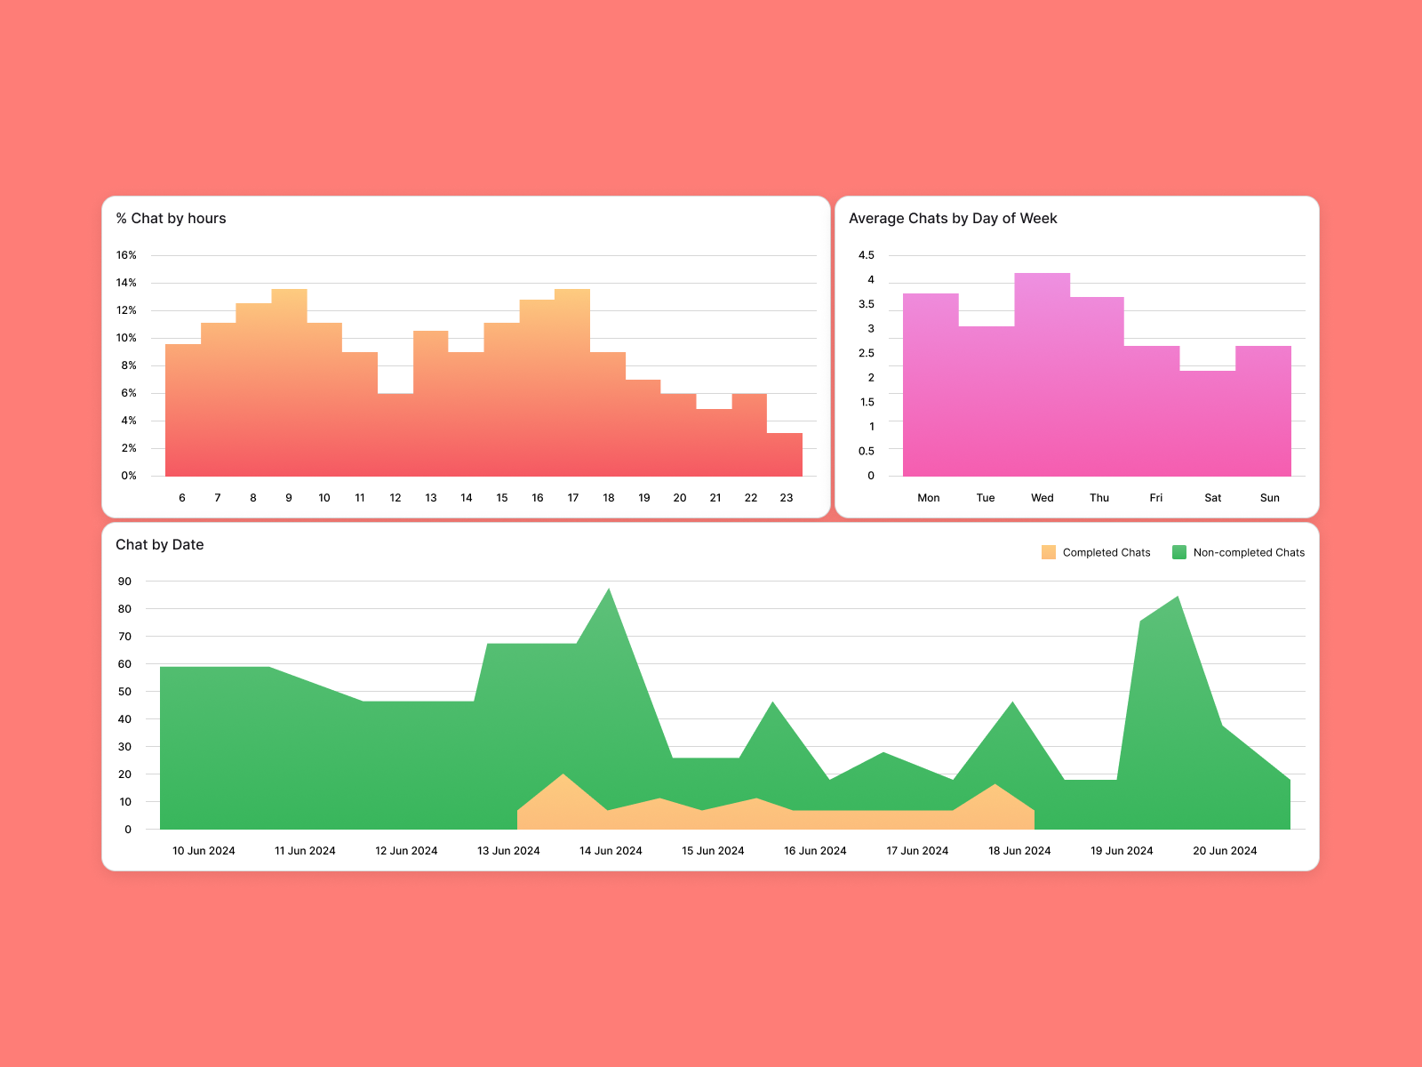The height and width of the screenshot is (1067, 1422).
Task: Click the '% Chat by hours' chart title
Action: (171, 219)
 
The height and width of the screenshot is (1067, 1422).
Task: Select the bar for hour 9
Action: (289, 382)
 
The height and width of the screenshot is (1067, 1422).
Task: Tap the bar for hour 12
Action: (395, 435)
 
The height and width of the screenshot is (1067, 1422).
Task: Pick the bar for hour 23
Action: (785, 454)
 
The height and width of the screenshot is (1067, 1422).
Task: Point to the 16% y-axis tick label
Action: (126, 255)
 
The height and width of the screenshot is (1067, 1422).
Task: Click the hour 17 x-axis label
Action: (573, 498)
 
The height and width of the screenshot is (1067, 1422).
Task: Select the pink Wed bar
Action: (1042, 374)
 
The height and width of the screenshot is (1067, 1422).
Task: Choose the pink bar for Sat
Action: (1207, 423)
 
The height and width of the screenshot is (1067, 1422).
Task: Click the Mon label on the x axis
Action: (929, 498)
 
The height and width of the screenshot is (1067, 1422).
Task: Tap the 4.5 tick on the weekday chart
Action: (866, 255)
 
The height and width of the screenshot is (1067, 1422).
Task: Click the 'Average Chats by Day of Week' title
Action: (953, 219)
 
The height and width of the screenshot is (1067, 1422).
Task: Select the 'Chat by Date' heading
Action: (160, 545)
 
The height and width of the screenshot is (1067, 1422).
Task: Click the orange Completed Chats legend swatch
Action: (1049, 552)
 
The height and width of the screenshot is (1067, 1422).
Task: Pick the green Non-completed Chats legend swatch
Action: (1179, 552)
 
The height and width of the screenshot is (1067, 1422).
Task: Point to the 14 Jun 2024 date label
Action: (611, 851)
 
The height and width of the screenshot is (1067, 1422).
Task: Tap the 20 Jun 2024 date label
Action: (1225, 851)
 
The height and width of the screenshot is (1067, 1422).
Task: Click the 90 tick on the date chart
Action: (124, 582)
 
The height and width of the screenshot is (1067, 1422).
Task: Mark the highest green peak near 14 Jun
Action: (609, 590)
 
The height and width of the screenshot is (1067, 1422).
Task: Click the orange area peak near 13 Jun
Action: (563, 776)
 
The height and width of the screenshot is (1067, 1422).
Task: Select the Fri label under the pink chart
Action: (1155, 498)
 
